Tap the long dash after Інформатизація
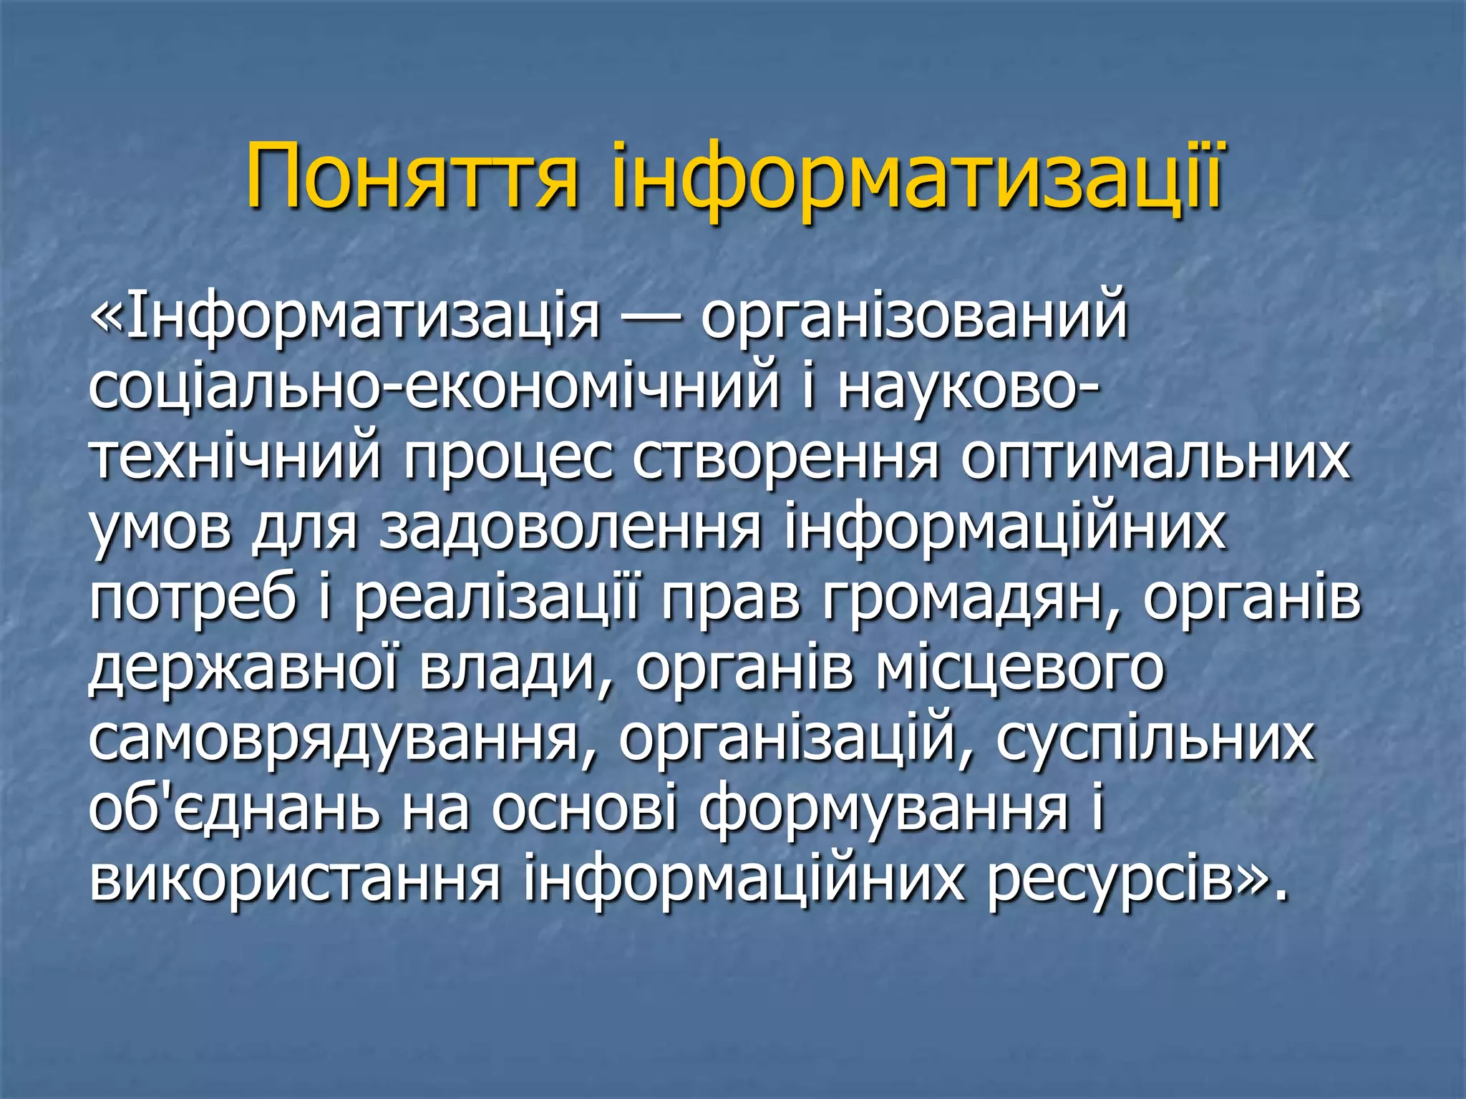point(650,320)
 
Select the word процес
point(508,459)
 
